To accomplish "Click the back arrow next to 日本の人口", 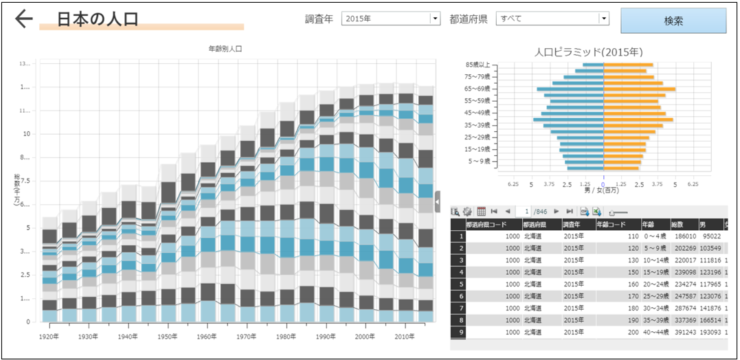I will [24, 19].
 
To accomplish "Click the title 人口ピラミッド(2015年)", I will [589, 52].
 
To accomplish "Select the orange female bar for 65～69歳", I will [639, 89].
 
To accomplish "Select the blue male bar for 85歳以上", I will [594, 65].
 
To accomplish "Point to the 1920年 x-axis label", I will [49, 337].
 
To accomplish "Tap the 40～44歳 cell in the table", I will [655, 331].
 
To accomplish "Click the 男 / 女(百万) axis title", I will [602, 190].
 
